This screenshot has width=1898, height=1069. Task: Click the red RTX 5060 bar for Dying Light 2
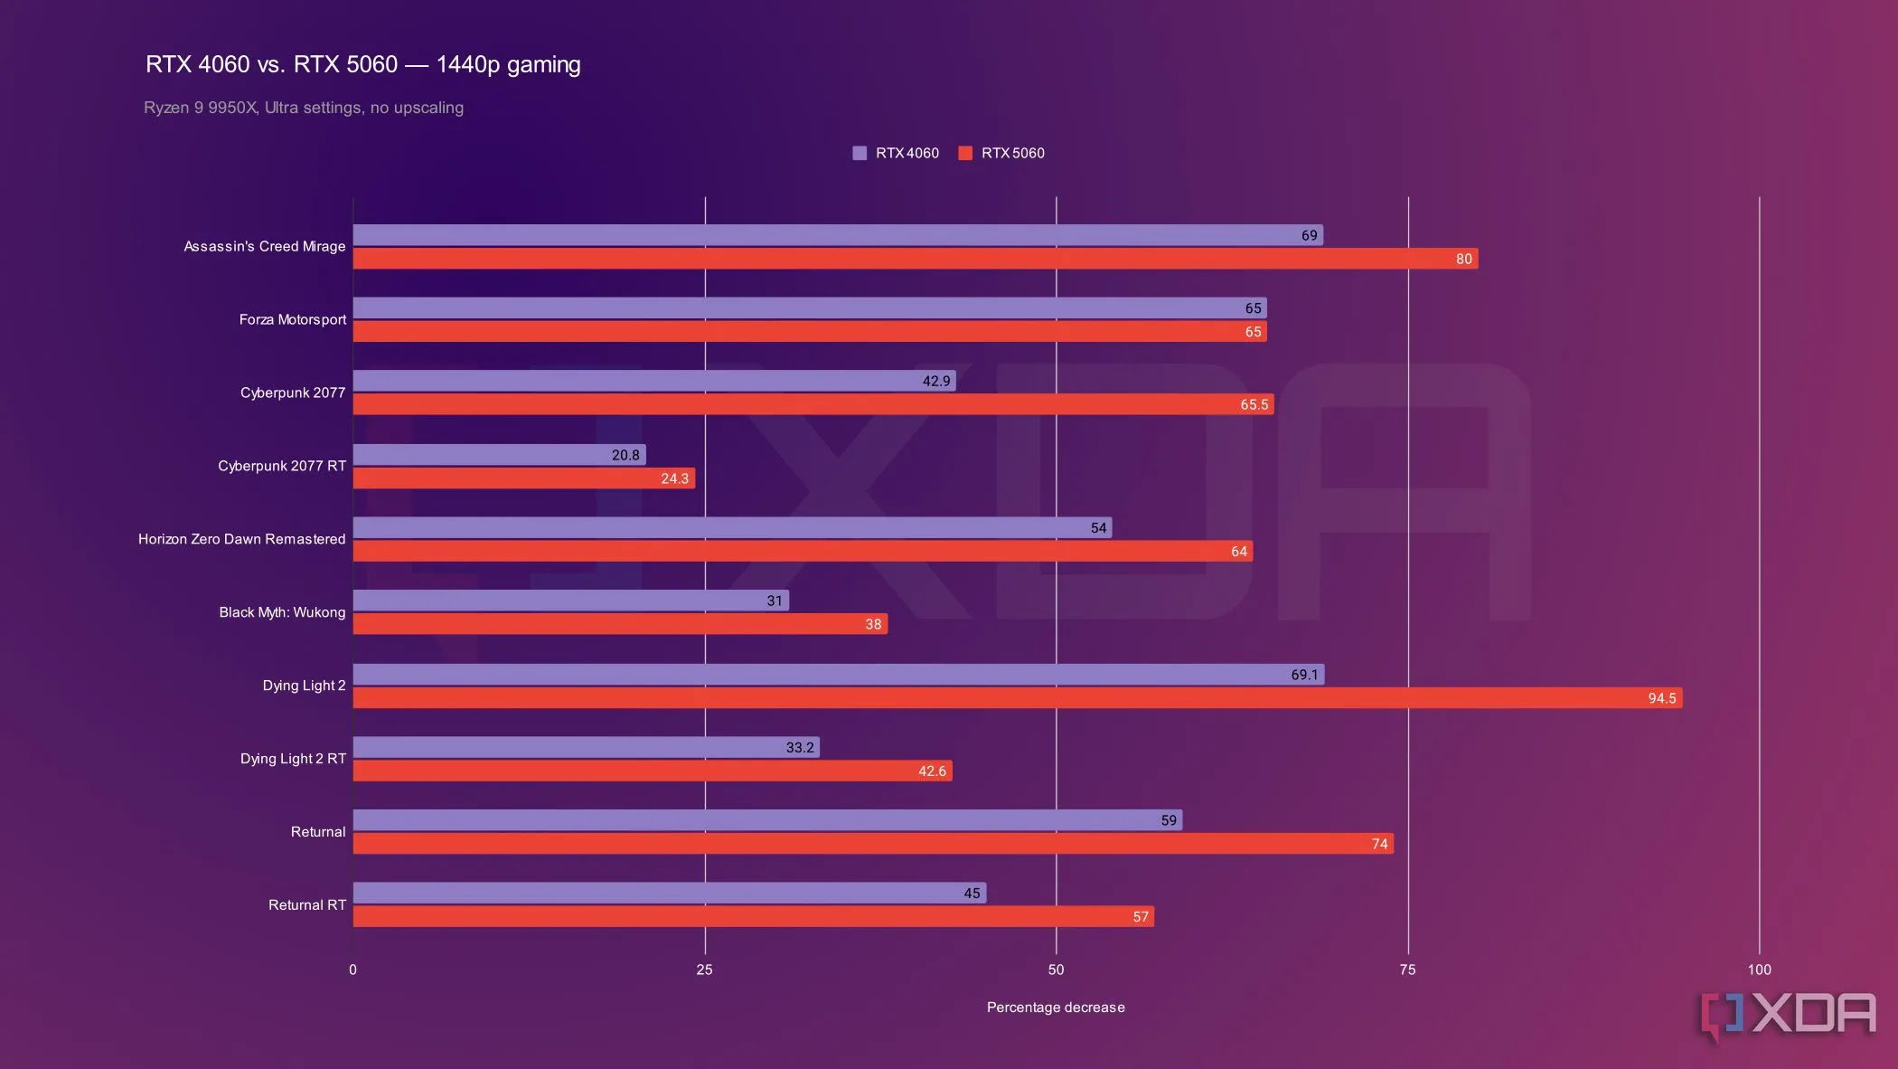coord(1017,698)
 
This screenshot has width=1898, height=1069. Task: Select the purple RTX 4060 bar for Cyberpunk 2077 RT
coord(499,455)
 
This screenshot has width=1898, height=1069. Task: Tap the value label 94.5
coord(1661,698)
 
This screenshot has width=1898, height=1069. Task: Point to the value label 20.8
coord(625,455)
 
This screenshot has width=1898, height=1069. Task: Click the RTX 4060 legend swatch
coord(860,153)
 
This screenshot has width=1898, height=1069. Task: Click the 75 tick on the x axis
coord(1407,970)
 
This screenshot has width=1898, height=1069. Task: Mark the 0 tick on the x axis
coord(352,970)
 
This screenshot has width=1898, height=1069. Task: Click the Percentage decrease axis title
coord(1056,1008)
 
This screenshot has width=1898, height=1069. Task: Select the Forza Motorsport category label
coord(292,319)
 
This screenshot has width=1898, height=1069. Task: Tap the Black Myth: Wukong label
coord(282,612)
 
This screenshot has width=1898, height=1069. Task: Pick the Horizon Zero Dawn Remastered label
coord(241,539)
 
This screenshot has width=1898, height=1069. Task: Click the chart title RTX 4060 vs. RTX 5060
coord(362,64)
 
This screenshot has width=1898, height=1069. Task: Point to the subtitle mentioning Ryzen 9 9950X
coord(304,108)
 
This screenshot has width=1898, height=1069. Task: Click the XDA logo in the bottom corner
coord(1788,1015)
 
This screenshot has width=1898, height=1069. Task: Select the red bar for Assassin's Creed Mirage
coord(915,259)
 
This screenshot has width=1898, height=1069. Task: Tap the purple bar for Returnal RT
coord(669,894)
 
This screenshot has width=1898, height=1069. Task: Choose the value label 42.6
coord(932,771)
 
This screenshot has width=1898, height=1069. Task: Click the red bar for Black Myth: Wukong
coord(620,624)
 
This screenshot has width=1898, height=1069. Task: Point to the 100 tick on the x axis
coord(1759,970)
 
